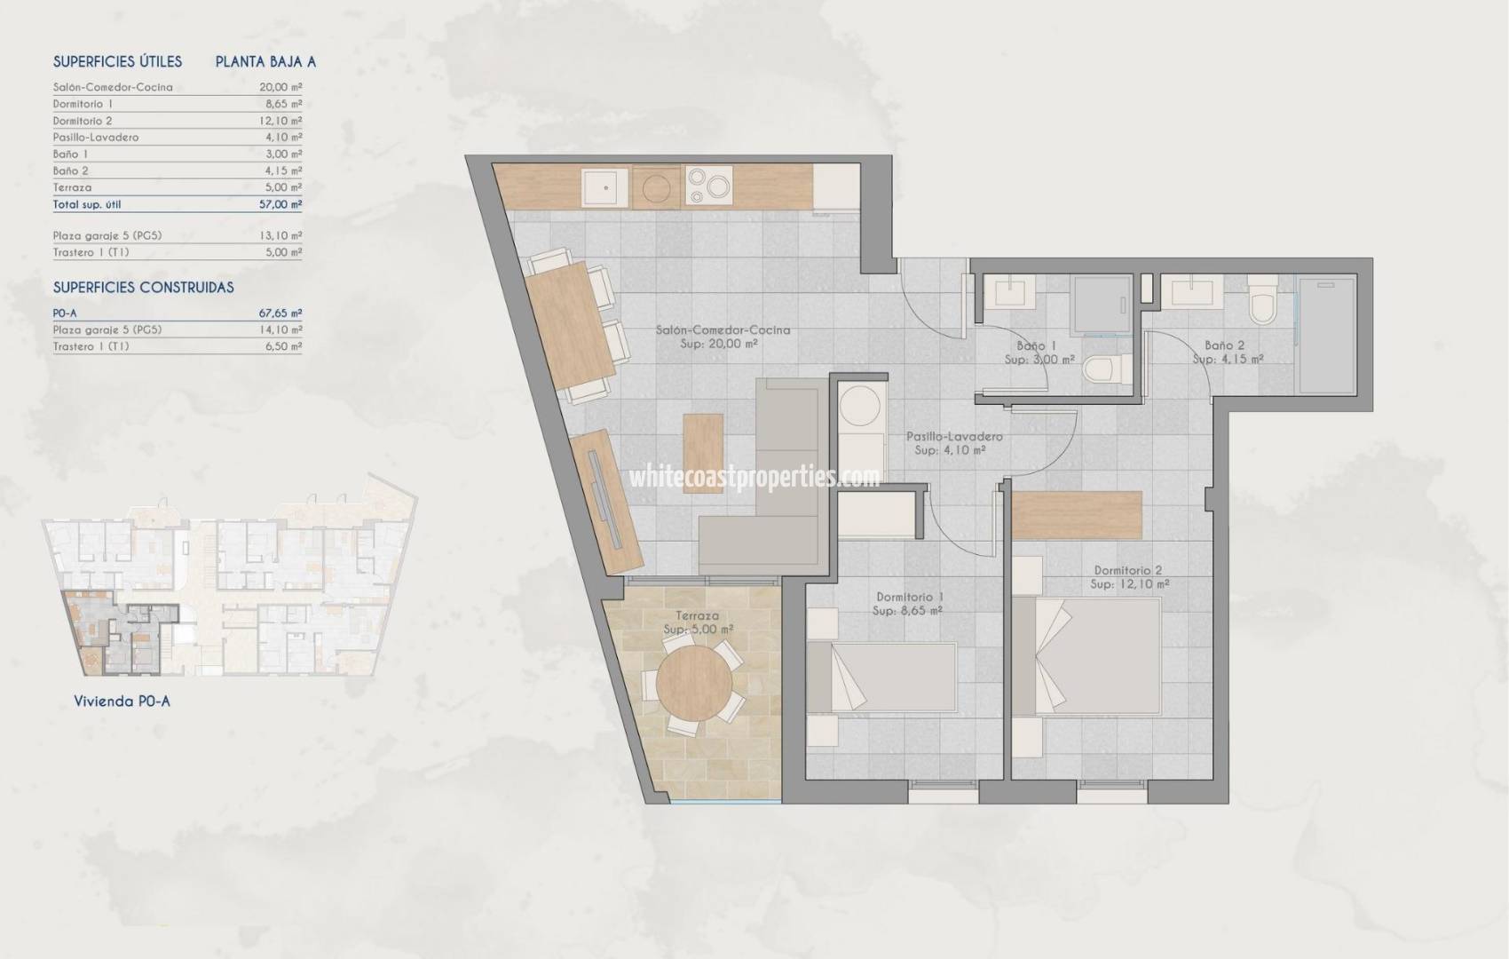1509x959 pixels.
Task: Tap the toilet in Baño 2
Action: coord(1260,301)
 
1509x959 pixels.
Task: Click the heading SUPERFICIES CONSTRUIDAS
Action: coord(144,288)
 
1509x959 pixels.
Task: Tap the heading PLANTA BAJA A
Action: coord(265,62)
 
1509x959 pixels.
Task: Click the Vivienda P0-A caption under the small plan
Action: coord(122,701)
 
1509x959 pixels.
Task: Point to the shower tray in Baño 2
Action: coord(1326,335)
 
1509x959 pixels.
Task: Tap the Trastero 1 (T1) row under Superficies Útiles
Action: coord(91,252)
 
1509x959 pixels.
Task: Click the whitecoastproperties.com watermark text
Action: coord(754,478)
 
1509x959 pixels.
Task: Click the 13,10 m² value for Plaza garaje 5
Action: coord(284,236)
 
